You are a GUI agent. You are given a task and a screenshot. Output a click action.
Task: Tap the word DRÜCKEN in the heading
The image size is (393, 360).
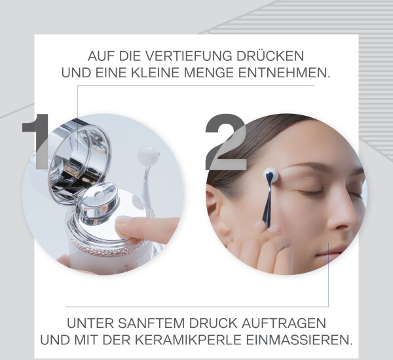coord(271,56)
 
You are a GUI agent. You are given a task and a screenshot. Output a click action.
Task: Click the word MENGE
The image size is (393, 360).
coord(210,73)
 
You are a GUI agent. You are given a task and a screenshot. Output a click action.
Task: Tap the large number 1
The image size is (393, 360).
coord(35,141)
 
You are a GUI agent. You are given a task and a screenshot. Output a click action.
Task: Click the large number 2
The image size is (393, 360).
coord(225,142)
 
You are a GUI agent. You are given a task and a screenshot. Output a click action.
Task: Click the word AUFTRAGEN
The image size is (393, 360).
coord(284,323)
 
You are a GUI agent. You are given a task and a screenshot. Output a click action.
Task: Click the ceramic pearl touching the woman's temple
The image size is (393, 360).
coord(271,174)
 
